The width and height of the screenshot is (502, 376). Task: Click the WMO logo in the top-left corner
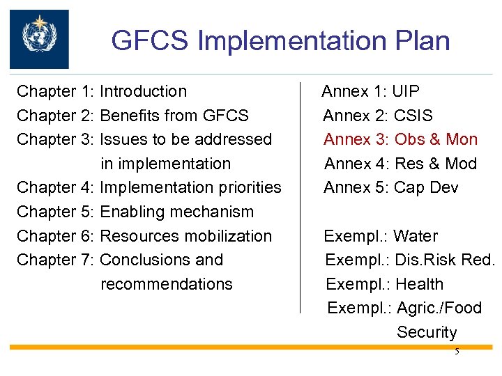pos(39,38)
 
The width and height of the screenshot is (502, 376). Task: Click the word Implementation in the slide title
pos(304,41)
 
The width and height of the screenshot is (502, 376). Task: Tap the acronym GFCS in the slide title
pos(150,41)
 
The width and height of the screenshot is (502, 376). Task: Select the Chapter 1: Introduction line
pos(102,91)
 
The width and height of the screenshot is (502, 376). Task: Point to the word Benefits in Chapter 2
pos(131,116)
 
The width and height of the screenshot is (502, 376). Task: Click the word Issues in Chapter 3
pos(123,139)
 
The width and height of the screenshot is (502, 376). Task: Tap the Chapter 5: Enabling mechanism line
pos(135,212)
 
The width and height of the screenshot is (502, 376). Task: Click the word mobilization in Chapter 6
pos(228,236)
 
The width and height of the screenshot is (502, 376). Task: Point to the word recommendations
pos(167,284)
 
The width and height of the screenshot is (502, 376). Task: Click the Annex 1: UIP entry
pos(370,91)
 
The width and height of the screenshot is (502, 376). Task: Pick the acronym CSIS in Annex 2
pos(413,116)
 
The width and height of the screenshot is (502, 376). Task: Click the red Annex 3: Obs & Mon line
pos(400,139)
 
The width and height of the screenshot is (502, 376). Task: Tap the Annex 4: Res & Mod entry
pos(400,164)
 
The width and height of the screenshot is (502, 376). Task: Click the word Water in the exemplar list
pos(416,236)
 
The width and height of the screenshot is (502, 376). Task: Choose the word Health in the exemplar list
pos(418,284)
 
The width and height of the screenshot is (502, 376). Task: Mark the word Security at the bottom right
pos(427,332)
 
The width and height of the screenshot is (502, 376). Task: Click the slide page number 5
pos(457,352)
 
